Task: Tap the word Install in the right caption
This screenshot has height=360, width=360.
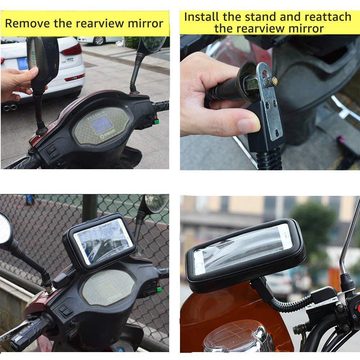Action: tap(202, 17)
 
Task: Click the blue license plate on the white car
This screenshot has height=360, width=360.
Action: tap(22, 63)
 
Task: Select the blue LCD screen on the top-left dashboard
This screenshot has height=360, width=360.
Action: tap(101, 125)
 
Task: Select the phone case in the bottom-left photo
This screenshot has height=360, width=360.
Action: tap(100, 240)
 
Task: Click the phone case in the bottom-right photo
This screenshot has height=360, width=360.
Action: tap(245, 253)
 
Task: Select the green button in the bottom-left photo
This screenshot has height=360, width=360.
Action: tap(159, 289)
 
